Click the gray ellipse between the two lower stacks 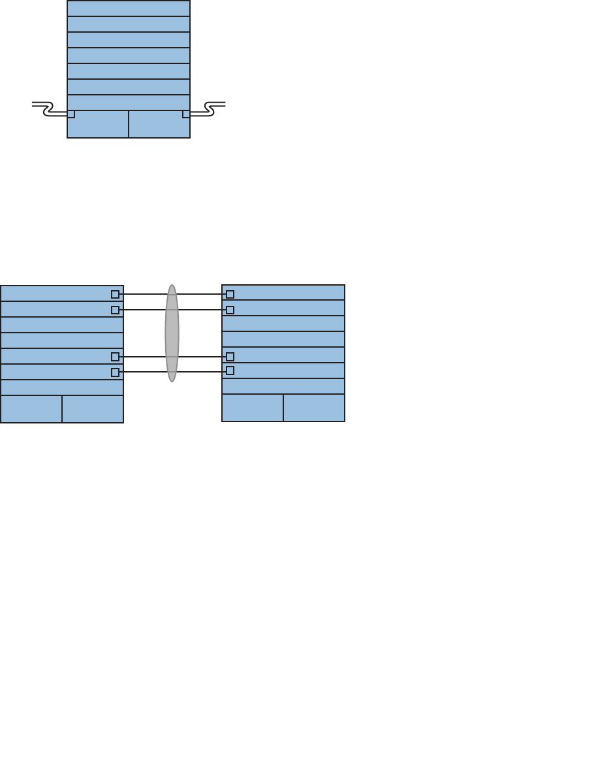(172, 333)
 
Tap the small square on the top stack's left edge (71, 114)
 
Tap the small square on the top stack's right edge (186, 114)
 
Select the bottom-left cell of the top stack (98, 124)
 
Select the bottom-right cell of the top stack (159, 124)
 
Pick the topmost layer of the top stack (129, 8)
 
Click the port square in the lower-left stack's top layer (116, 294)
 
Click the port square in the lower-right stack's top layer (230, 294)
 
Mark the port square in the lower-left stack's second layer (116, 310)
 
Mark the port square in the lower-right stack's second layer (230, 310)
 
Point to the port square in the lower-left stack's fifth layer (116, 357)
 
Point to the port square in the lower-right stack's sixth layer (230, 371)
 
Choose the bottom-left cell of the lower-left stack (31, 409)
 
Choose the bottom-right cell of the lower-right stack (314, 408)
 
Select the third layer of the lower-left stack (62, 325)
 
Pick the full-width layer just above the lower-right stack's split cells (283, 386)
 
